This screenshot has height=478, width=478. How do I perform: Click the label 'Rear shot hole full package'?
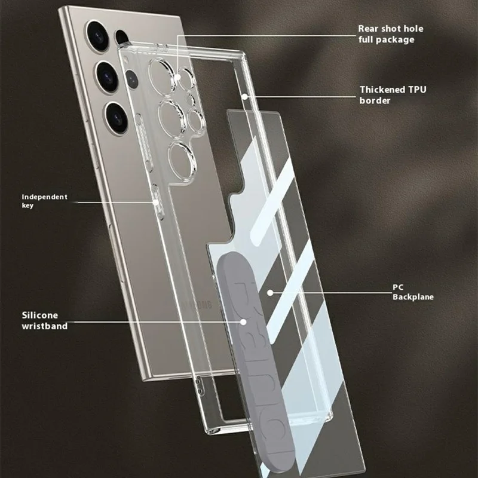394,33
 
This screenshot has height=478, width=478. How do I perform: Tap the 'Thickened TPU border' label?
393,95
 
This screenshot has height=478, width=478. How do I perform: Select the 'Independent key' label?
44,201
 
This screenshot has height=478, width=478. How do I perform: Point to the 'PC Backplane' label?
413,292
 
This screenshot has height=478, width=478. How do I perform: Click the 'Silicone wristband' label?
44,320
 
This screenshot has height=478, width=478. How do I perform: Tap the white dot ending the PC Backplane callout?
270,293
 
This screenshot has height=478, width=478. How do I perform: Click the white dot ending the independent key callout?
157,202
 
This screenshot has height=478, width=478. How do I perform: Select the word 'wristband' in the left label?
44,326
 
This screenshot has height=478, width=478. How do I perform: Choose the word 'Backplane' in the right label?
413,297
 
